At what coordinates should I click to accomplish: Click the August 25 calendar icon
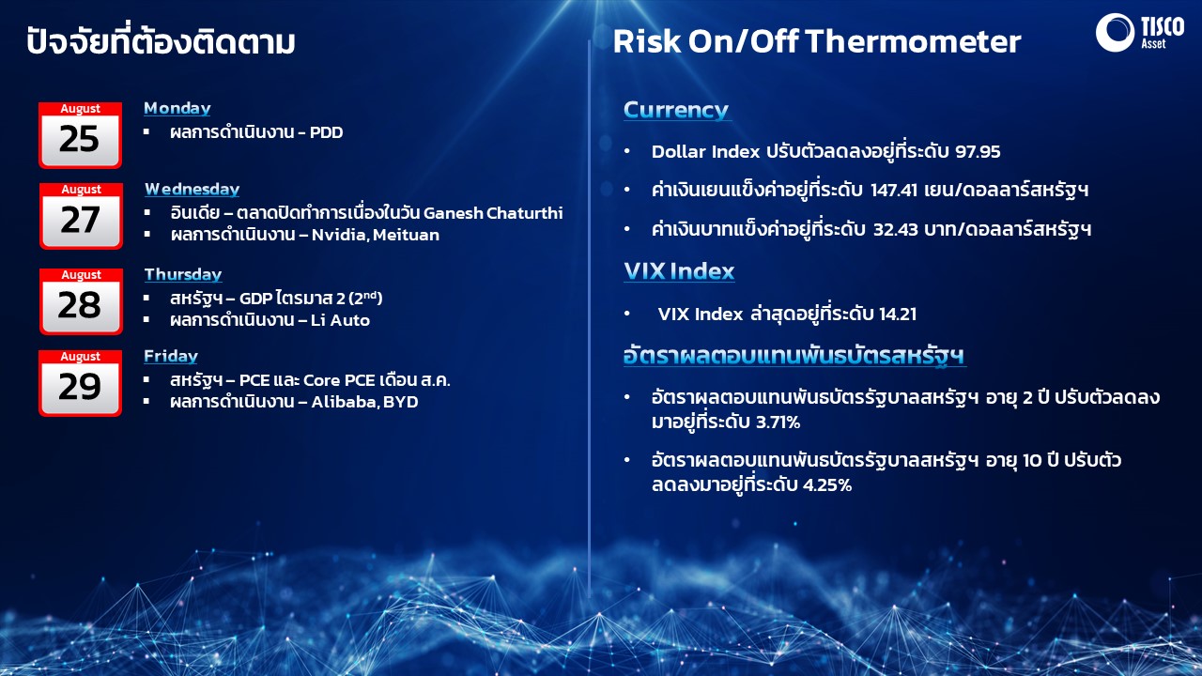point(80,135)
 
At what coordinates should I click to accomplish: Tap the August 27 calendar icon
point(81,216)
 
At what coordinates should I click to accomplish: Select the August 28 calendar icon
point(81,301)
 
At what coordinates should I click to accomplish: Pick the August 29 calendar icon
point(80,383)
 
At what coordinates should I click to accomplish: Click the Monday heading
point(177,108)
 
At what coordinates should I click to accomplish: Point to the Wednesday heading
point(193,190)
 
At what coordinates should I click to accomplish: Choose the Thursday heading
point(183,275)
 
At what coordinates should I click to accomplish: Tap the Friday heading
point(171,356)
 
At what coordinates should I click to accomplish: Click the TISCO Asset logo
point(1140,32)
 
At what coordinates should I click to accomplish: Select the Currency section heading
point(676,110)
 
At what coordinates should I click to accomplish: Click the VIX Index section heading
point(679,271)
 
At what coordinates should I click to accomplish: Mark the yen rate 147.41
point(893,190)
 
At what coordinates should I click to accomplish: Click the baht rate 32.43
point(896,230)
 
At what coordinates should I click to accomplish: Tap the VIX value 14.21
point(897,314)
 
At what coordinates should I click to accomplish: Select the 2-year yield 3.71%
point(778,422)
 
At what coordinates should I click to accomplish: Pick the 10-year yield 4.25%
point(827,485)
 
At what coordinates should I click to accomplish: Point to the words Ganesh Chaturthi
point(493,213)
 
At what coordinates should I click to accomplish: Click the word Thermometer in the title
point(914,41)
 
